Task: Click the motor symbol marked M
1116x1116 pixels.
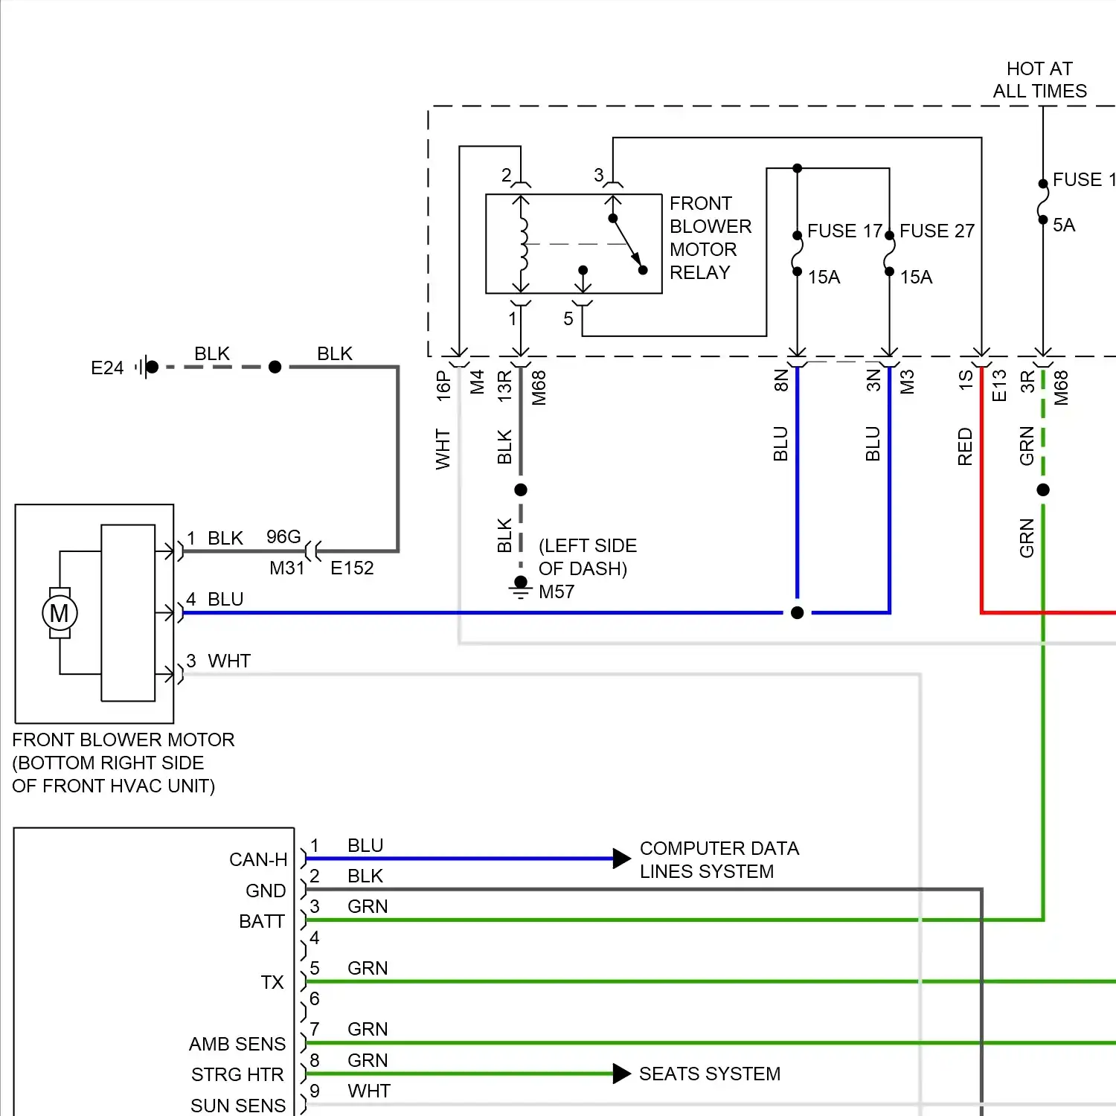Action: [59, 613]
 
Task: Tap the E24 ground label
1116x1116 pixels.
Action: [107, 368]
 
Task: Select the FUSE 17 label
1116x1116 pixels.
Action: [844, 231]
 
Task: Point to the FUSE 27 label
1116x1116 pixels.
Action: [937, 231]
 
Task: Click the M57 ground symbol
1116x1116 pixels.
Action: [521, 589]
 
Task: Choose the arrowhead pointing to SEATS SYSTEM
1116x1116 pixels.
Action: [621, 1074]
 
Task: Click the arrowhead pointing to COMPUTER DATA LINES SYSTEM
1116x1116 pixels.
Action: [621, 859]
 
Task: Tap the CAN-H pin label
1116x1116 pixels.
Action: [257, 859]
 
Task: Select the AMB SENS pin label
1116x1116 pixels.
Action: [237, 1044]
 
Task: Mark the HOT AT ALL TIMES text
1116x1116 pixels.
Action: [1039, 80]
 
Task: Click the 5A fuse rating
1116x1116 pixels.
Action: [1063, 225]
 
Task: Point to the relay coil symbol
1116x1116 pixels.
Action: [522, 243]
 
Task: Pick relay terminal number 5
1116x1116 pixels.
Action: [568, 318]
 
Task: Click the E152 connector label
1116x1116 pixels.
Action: [352, 568]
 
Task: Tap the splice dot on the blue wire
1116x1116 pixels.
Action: [797, 612]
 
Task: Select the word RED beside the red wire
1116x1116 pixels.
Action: [965, 446]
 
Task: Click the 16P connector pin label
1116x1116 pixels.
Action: [443, 386]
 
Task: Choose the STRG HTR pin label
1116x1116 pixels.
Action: [237, 1074]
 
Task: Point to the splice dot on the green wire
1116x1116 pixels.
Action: [1043, 490]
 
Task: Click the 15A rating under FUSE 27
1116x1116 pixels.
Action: [916, 277]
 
